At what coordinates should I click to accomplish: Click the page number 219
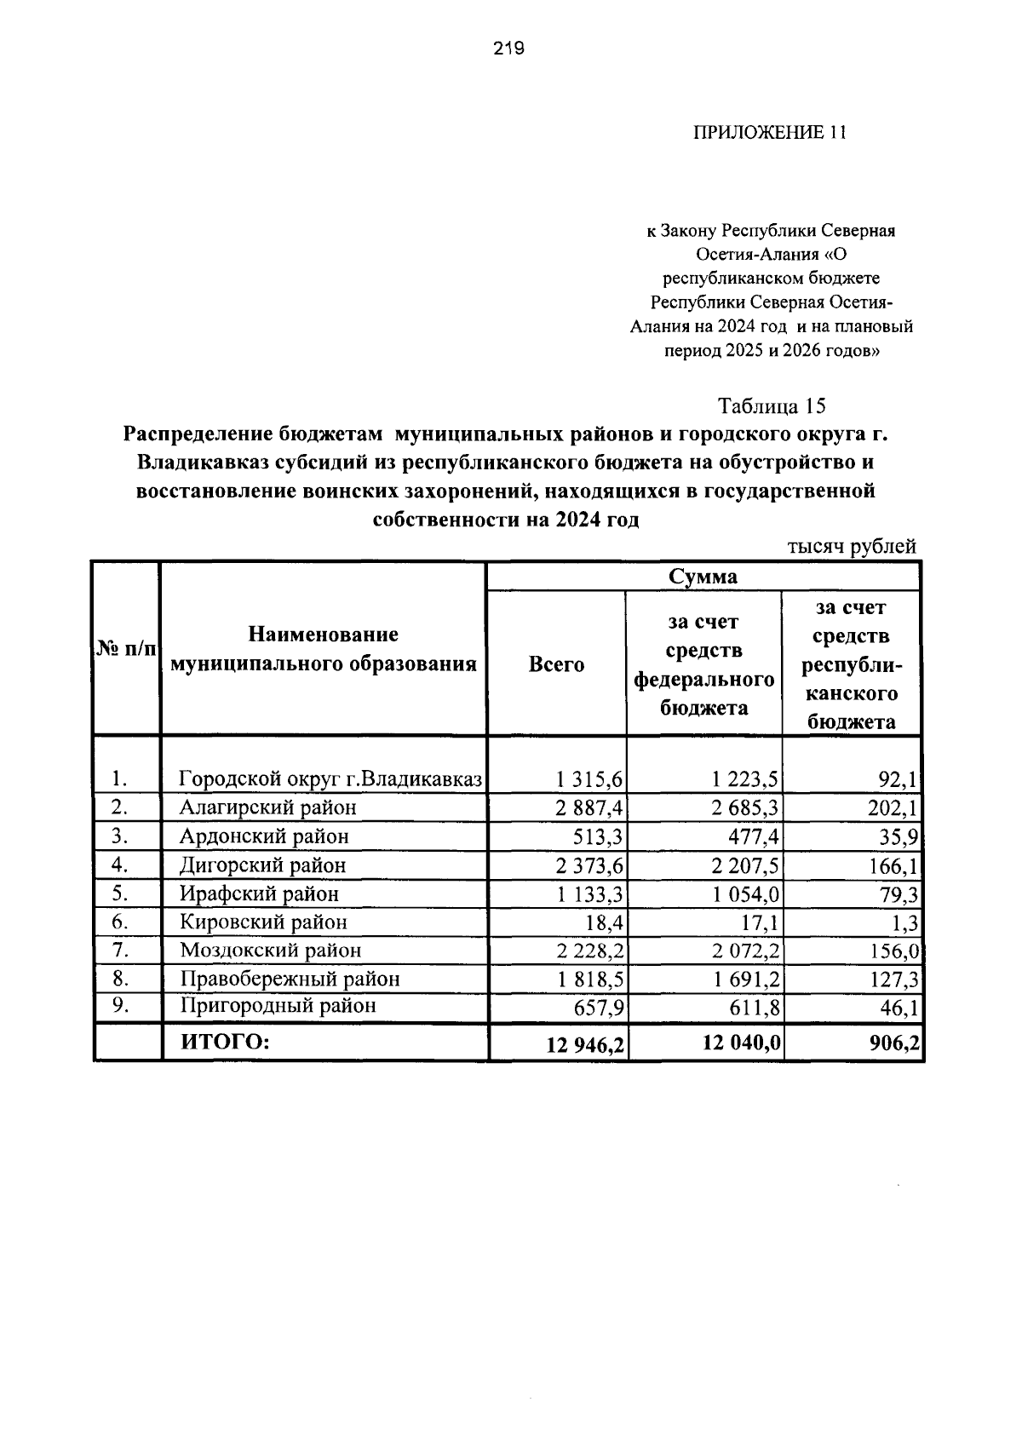point(508,49)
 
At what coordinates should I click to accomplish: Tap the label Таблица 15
point(772,405)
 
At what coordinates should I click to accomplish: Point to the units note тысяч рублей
point(851,547)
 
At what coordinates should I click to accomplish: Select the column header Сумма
point(703,577)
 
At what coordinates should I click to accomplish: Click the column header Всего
point(556,664)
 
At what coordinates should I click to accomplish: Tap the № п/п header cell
point(126,650)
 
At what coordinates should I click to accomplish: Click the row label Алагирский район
point(267,807)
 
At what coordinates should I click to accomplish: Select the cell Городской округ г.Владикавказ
point(330,778)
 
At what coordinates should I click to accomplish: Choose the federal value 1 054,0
point(747,894)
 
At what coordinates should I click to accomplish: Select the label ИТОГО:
point(224,1041)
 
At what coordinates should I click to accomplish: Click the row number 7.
point(120,949)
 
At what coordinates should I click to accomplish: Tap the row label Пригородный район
point(278,1006)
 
